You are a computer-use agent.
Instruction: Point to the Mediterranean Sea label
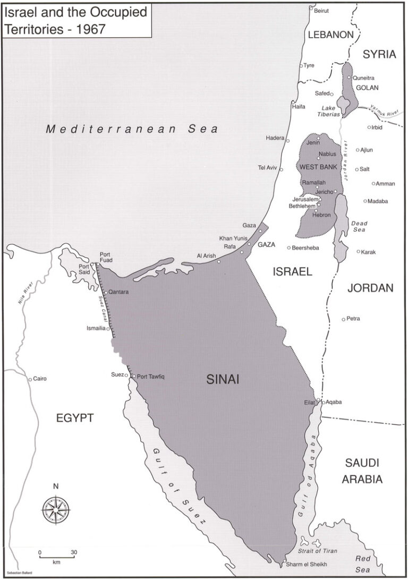pyautogui.click(x=132, y=129)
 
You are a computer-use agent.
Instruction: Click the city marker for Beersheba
pyautogui.click(x=289, y=248)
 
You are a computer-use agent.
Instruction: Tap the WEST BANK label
pyautogui.click(x=319, y=167)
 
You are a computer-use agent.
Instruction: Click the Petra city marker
pyautogui.click(x=343, y=319)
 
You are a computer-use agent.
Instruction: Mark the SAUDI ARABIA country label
pyautogui.click(x=362, y=470)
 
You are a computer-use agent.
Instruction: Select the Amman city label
pyautogui.click(x=386, y=183)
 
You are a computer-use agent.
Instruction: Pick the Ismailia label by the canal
pyautogui.click(x=97, y=328)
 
